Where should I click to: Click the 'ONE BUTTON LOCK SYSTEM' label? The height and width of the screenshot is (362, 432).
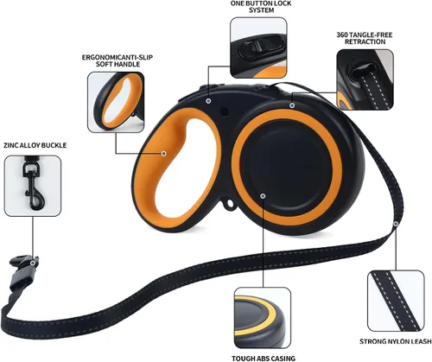261,7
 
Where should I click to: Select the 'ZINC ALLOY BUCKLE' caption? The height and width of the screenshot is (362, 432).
35,145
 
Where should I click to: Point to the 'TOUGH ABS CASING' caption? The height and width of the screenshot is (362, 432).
264,359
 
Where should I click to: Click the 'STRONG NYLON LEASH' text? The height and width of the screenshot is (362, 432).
396,341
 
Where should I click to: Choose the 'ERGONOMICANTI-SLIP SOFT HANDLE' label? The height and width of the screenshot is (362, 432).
118,60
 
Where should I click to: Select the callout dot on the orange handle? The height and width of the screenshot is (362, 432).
164,154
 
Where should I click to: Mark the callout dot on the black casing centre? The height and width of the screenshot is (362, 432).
263,196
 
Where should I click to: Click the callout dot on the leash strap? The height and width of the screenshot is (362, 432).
396,224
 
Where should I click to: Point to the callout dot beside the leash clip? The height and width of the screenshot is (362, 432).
33,263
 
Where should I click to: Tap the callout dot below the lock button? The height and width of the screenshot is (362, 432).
208,101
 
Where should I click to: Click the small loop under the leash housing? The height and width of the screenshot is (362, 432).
230,203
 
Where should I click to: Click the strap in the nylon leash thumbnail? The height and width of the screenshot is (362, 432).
395,301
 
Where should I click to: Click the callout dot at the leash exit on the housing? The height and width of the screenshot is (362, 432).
292,105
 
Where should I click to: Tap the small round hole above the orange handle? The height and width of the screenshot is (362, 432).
224,111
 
